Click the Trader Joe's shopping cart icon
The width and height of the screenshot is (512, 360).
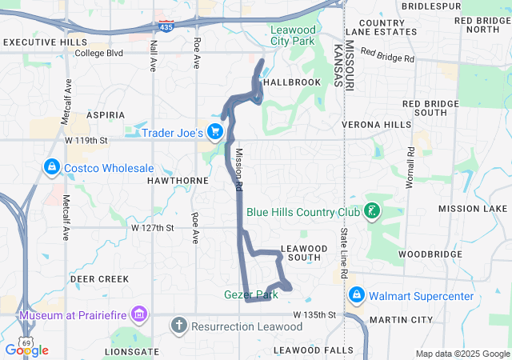pos(214,131)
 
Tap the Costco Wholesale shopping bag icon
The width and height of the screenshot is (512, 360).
pos(51,167)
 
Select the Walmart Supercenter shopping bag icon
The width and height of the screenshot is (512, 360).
pos(356,296)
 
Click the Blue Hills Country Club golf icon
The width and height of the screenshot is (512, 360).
pos(371,212)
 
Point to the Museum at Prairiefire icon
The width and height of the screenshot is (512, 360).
pos(140,314)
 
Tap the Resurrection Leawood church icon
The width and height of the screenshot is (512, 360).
pos(178,326)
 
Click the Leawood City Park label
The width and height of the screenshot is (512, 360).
pos(293,34)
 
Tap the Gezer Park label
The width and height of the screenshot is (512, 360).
pos(250,294)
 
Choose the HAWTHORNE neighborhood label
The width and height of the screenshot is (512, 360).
pos(178,181)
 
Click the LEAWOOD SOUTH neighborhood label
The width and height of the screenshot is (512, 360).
pos(304,253)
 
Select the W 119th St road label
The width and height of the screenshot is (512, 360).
pos(86,140)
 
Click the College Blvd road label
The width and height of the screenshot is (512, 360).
pos(98,54)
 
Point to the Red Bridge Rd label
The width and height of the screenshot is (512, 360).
pos(387,54)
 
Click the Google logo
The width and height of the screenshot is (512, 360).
pos(27,350)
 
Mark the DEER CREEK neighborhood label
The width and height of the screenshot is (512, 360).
pos(99,278)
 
